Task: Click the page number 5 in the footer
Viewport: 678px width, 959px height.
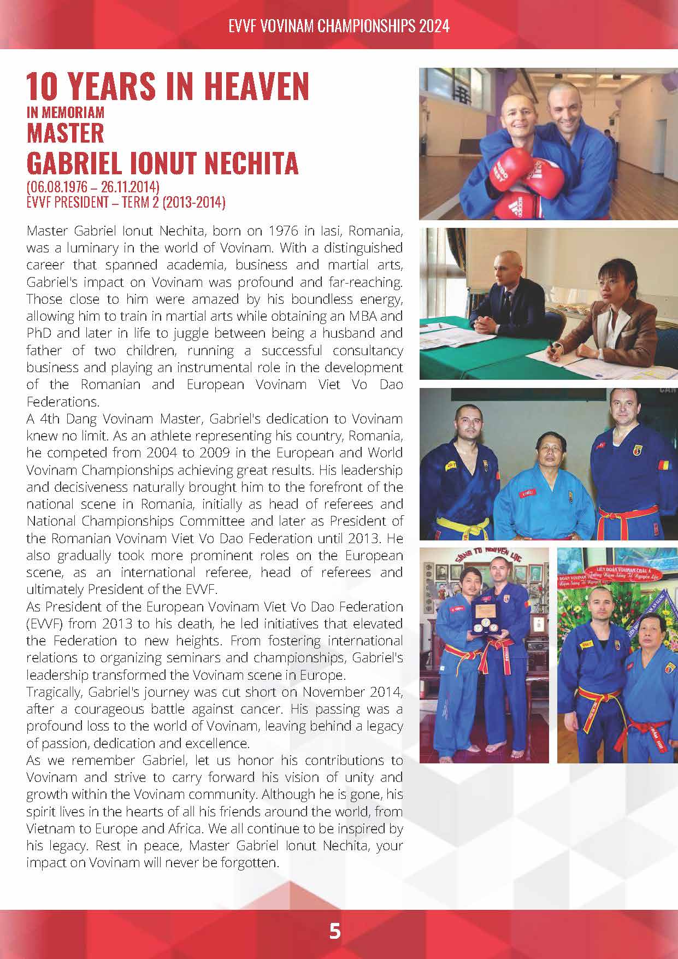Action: coord(335,930)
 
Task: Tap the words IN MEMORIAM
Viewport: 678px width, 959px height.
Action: coord(65,113)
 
